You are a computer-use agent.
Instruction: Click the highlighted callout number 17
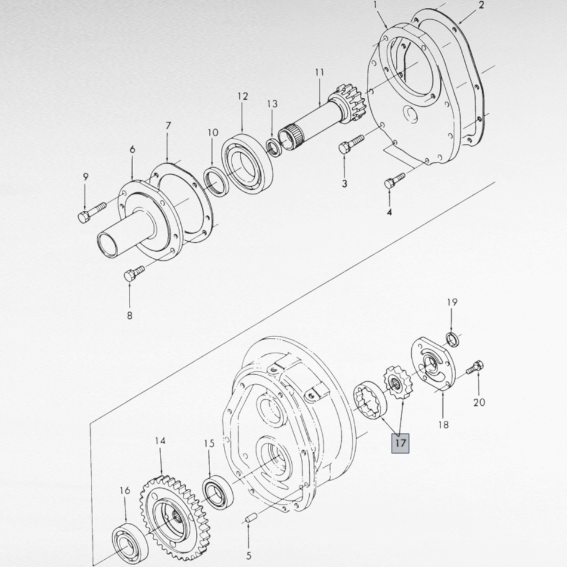(x=400, y=443)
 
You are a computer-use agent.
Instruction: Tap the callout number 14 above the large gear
(x=160, y=441)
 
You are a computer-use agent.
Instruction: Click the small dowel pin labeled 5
(x=251, y=517)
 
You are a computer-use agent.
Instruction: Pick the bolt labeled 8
(x=134, y=273)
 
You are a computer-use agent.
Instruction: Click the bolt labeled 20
(x=475, y=368)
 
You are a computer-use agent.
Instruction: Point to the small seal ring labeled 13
(x=274, y=146)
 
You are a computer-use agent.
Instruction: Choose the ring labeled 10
(x=215, y=182)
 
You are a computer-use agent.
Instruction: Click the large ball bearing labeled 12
(x=247, y=164)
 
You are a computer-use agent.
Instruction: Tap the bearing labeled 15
(x=218, y=493)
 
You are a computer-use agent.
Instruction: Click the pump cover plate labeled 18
(x=434, y=364)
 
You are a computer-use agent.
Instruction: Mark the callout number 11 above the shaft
(x=319, y=72)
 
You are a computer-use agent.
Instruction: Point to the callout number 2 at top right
(x=481, y=5)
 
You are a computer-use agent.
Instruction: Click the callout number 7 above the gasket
(x=168, y=126)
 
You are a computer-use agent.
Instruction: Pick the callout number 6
(x=132, y=149)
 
